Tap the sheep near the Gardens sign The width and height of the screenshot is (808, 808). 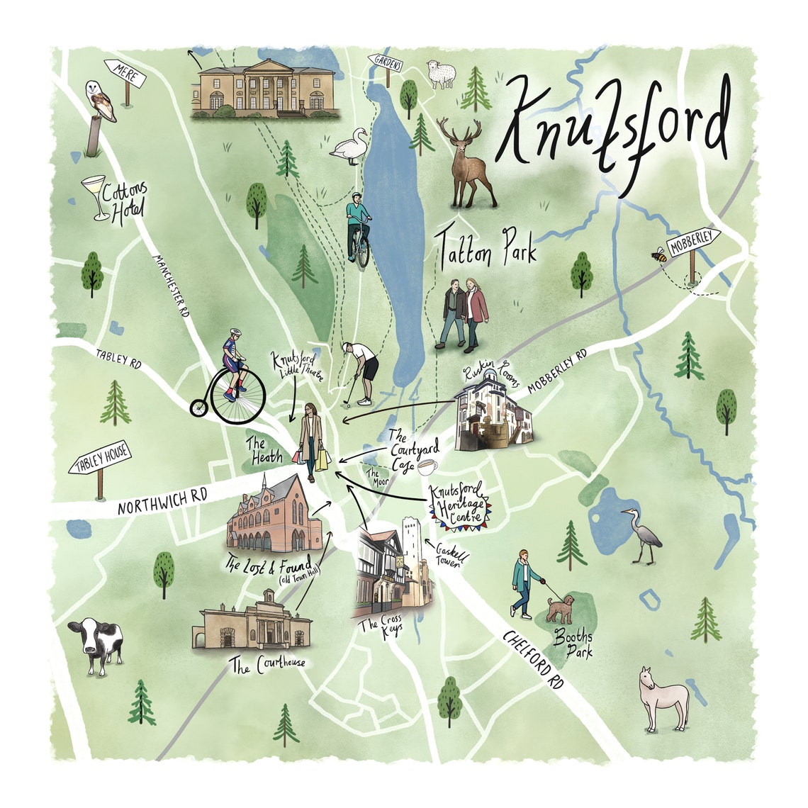[x=441, y=74]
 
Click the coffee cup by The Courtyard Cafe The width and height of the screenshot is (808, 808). [x=427, y=468]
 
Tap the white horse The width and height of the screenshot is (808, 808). [x=663, y=698]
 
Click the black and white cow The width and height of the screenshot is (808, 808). [x=95, y=643]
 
